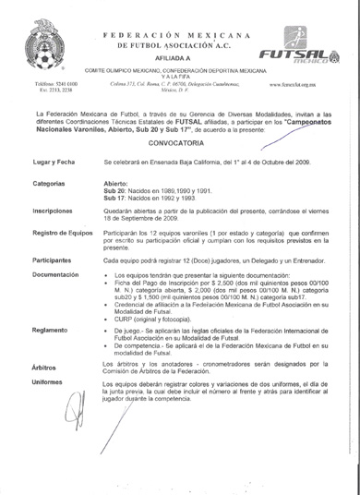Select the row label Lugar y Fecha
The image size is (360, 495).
pyautogui.click(x=42, y=187)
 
